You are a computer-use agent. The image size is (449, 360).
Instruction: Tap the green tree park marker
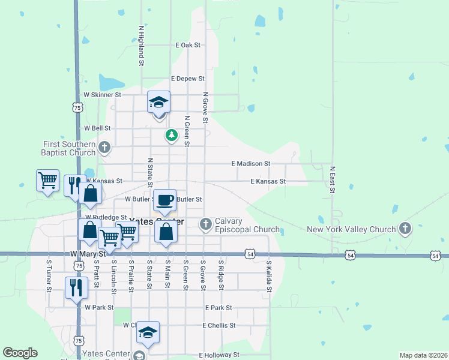172,135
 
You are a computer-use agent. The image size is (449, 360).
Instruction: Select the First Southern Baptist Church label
69,148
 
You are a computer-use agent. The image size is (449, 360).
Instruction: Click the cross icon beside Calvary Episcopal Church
206,224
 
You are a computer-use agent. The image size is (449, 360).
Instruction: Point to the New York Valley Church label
351,229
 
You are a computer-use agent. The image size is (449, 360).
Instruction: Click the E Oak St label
188,45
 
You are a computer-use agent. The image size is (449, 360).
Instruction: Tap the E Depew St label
188,79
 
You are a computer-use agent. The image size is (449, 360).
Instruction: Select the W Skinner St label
102,95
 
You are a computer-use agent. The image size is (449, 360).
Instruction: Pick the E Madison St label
251,163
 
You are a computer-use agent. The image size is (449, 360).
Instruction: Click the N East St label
332,180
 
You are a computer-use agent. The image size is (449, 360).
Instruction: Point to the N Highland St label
141,45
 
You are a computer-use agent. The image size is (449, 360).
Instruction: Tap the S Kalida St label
270,276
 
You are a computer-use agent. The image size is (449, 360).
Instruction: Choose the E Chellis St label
218,325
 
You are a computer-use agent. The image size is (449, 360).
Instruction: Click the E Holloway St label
219,355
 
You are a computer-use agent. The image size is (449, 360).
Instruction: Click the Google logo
20,353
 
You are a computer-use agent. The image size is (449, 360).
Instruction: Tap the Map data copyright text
423,355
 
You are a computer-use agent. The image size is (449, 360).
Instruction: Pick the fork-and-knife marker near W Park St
77,287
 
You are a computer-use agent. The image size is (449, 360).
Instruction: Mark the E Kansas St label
268,181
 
